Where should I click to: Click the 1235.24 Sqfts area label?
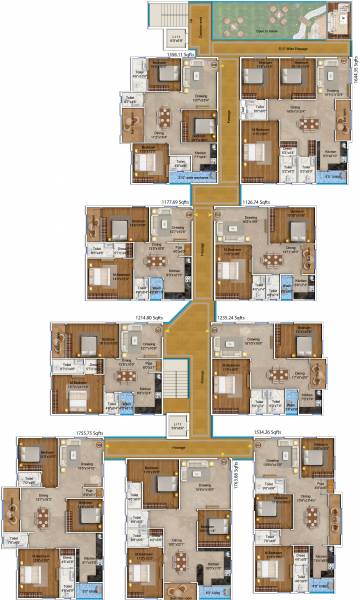pos(230,318)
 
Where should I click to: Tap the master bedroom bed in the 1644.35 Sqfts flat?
pos(259,152)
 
